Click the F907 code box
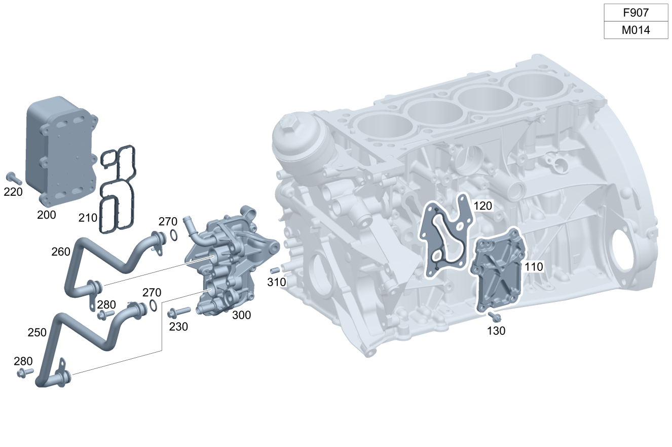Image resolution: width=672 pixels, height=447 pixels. coord(636,13)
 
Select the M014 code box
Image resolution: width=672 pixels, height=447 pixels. coord(636,30)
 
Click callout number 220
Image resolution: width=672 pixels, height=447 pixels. coord(13,192)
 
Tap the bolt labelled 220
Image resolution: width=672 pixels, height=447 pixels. coord(14,178)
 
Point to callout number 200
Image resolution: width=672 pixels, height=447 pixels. coord(47,215)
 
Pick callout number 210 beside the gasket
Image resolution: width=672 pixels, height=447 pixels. coord(88,218)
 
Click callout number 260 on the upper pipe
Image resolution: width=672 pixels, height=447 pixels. coord(61,252)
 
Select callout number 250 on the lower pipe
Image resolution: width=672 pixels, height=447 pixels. coord(37,332)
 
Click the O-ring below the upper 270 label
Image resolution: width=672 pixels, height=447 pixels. coord(173,235)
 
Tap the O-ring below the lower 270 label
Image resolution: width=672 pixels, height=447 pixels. coord(153,305)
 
